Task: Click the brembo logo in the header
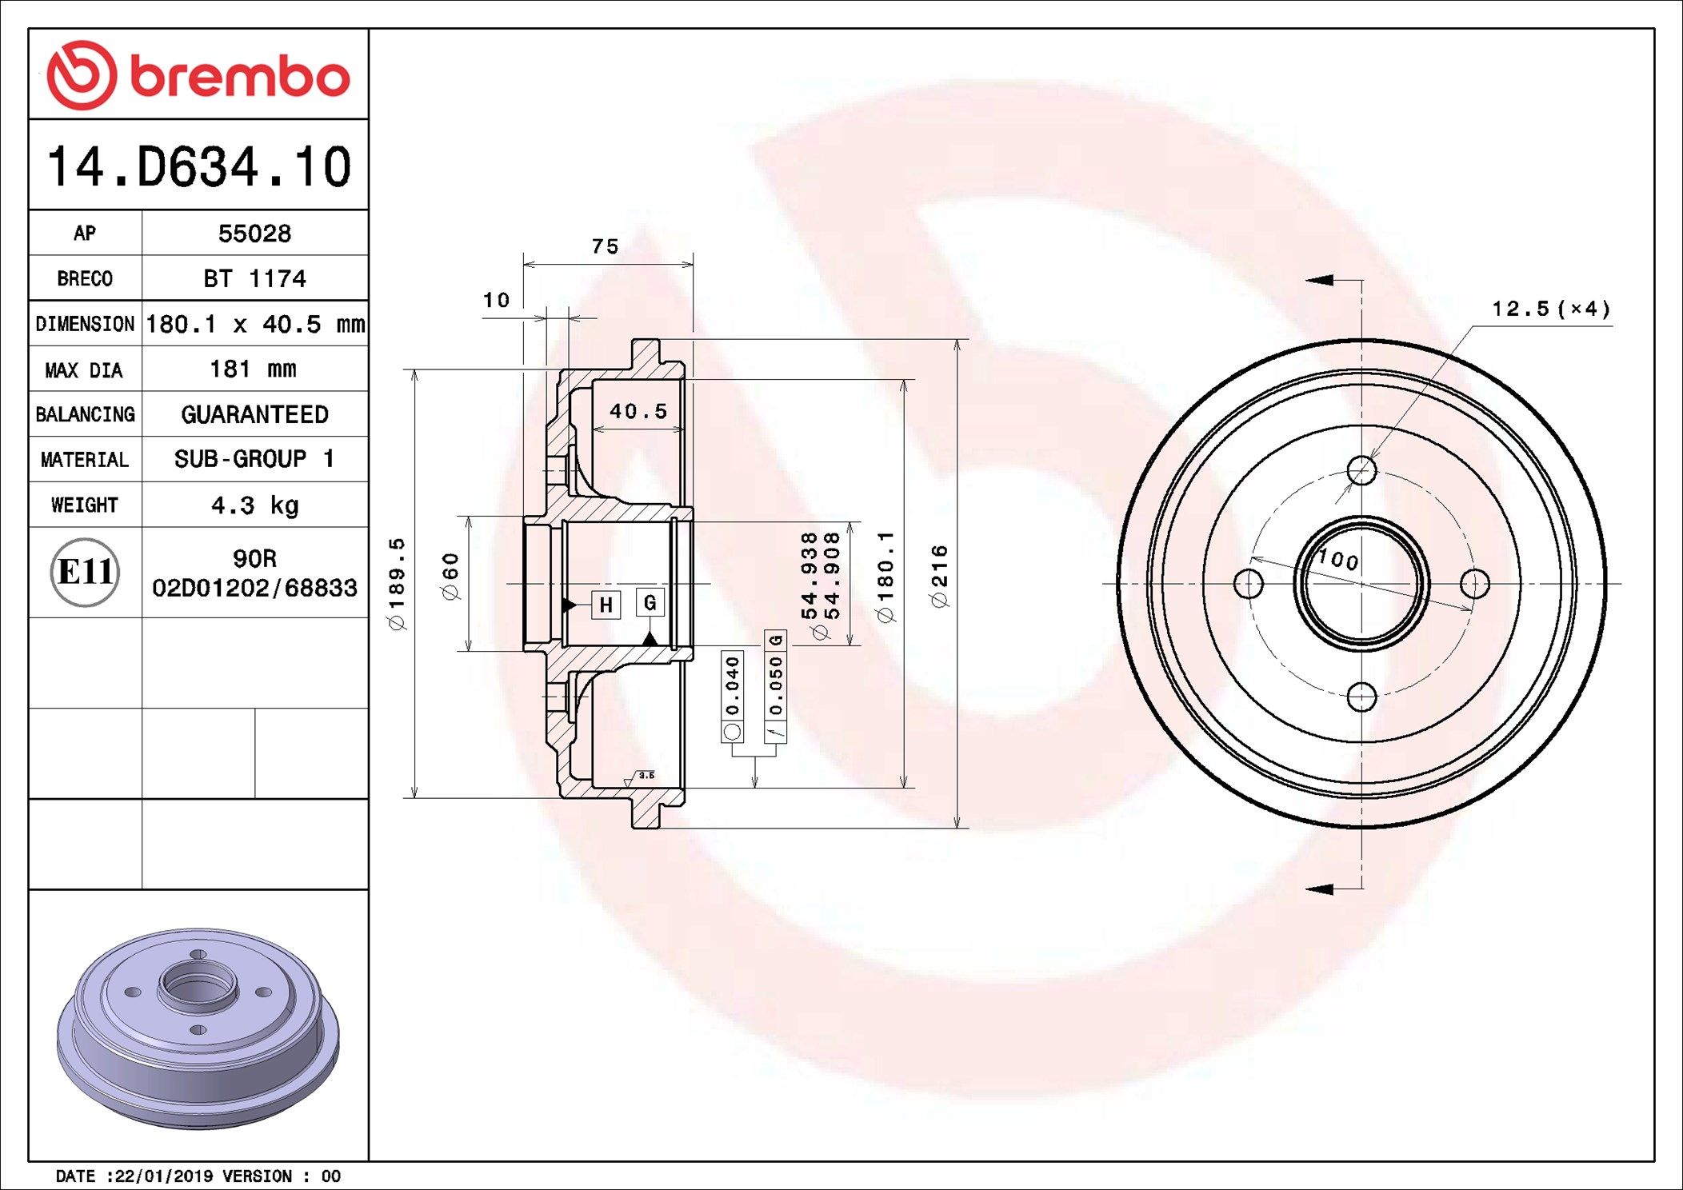click(198, 75)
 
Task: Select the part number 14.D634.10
click(198, 167)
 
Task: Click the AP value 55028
click(254, 234)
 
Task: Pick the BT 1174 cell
click(254, 279)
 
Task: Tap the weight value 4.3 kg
click(254, 505)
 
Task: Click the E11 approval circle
click(85, 572)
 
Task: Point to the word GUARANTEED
click(254, 414)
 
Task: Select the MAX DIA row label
click(84, 369)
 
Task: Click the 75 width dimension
click(606, 247)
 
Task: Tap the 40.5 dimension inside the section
click(638, 411)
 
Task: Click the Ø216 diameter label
click(939, 576)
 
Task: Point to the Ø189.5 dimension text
click(398, 584)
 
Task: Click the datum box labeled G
click(650, 602)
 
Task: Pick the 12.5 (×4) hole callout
click(1550, 309)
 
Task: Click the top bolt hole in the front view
click(1361, 470)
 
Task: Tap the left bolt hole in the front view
click(1249, 584)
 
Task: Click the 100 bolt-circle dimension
click(1338, 560)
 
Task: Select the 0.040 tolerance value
click(732, 686)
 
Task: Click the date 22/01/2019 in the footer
click(165, 1176)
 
